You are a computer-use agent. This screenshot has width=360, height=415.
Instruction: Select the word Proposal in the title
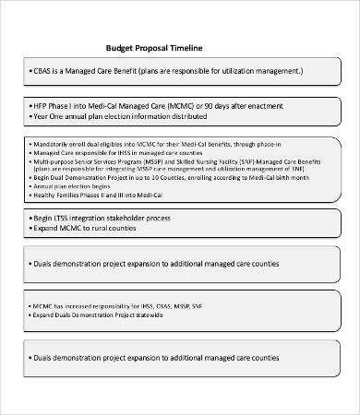point(152,48)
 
